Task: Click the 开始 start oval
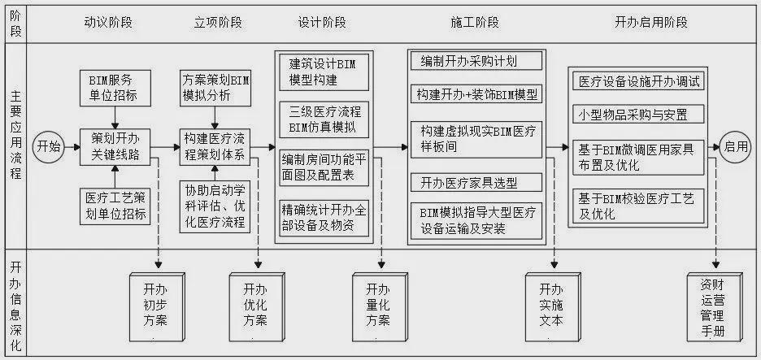click(49, 146)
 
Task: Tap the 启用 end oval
click(735, 146)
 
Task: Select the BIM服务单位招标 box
click(115, 88)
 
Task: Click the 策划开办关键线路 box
click(115, 147)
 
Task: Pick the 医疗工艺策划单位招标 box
click(115, 206)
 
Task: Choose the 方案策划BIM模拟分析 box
click(215, 88)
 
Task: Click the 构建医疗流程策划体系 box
click(215, 147)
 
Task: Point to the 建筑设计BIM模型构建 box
click(324, 72)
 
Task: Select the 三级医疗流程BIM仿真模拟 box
click(324, 119)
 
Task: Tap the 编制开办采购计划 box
click(476, 61)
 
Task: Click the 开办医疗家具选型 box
click(476, 182)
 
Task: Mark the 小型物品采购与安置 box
click(638, 115)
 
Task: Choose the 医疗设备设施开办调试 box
click(638, 81)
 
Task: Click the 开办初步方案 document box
click(157, 307)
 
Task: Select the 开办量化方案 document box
click(380, 307)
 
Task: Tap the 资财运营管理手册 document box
click(715, 307)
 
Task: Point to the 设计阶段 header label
click(322, 22)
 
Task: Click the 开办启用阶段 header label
click(650, 22)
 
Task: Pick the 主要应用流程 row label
click(15, 145)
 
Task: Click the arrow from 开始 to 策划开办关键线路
click(72, 147)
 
